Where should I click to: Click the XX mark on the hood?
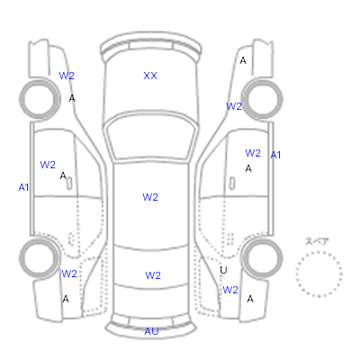coord(150,76)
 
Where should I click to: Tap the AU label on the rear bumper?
coord(151,331)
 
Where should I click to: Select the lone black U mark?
coord(223,270)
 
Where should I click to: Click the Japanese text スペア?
coord(317,241)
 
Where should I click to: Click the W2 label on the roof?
coord(150,197)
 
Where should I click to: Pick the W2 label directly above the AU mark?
coord(153,275)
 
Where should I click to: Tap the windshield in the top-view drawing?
coord(151,137)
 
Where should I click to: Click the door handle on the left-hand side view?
coord(69,184)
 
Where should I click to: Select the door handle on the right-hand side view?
coord(232,184)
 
